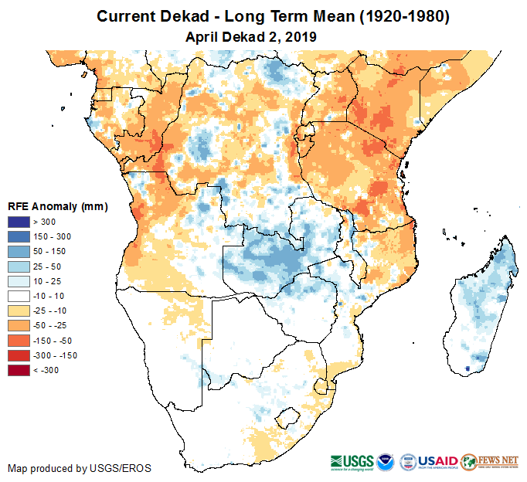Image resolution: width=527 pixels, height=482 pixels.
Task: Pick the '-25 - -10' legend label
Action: [50, 311]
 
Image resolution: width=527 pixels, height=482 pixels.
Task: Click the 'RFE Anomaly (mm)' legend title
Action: [57, 206]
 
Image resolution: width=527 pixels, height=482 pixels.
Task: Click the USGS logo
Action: [352, 461]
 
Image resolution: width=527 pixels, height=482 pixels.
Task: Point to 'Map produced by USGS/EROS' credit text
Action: [80, 468]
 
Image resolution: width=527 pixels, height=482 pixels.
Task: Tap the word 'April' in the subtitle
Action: [203, 36]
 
